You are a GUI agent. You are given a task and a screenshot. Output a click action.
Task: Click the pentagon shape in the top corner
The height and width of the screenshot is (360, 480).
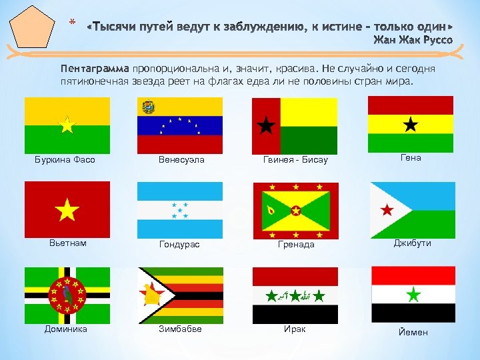tap(31, 26)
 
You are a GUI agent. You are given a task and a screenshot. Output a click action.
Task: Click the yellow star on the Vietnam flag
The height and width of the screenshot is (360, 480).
tap(67, 211)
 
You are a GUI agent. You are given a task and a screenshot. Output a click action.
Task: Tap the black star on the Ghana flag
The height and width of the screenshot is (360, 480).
tap(411, 124)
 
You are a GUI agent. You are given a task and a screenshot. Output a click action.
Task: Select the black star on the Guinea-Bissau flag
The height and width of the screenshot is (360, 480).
tap(266, 125)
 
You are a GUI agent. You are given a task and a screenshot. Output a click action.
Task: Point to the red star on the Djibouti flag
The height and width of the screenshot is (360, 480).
tap(386, 211)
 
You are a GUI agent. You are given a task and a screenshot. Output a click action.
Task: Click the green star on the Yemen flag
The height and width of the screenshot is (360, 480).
tap(413, 293)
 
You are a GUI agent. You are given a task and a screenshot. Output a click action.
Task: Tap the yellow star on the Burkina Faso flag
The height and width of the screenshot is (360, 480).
tap(67, 125)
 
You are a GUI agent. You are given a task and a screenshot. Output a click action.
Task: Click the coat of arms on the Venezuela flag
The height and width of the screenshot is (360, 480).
tap(147, 107)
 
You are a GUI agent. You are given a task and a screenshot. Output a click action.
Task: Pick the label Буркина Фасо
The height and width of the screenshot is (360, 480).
tap(65, 160)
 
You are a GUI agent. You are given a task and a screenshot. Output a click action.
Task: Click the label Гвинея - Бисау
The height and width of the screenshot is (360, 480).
tap(296, 160)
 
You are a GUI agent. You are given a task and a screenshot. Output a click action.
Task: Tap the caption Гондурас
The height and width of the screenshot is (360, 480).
tap(179, 245)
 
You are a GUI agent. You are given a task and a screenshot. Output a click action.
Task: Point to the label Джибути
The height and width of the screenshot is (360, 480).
tap(413, 243)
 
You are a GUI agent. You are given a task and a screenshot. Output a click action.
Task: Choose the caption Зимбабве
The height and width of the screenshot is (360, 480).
tap(181, 329)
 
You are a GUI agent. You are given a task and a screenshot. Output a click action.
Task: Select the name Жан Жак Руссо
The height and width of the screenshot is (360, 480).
tap(412, 40)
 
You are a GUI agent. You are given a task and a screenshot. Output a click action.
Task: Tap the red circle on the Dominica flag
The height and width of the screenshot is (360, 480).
tap(67, 293)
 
